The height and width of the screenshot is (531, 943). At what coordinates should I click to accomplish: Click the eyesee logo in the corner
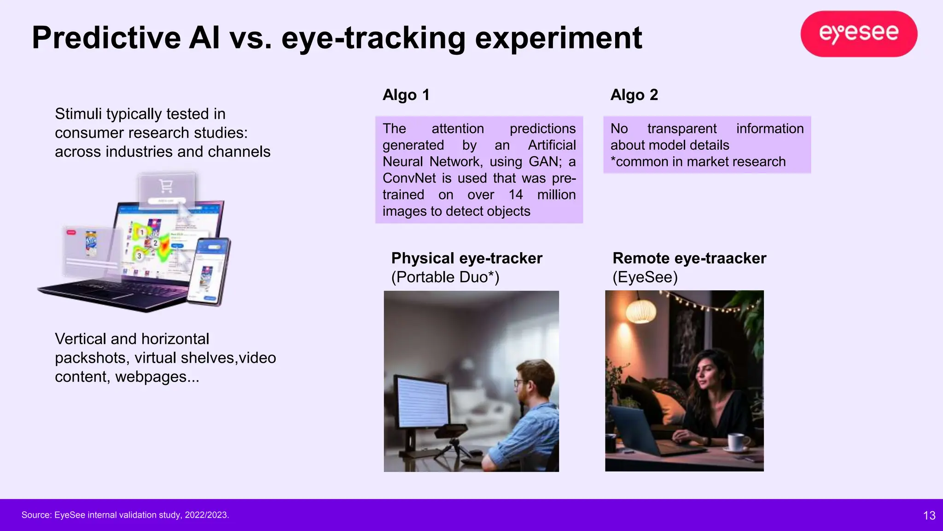859,34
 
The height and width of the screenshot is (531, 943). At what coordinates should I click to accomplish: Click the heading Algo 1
406,95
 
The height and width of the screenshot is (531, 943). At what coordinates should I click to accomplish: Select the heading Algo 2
634,95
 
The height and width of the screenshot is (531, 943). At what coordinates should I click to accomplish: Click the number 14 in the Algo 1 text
515,195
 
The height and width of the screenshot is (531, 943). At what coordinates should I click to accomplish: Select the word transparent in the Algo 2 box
681,129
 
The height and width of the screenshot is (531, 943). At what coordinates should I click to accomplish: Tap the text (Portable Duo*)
445,277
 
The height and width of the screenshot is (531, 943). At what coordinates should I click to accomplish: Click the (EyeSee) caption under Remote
645,277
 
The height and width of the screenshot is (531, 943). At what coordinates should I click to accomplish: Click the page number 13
929,515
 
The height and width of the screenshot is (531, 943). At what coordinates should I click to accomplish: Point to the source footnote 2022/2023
207,515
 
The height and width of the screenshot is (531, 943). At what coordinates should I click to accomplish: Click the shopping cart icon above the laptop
166,186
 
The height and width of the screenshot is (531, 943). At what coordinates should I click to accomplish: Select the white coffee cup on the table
739,442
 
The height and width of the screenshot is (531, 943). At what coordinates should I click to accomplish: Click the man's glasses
519,382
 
